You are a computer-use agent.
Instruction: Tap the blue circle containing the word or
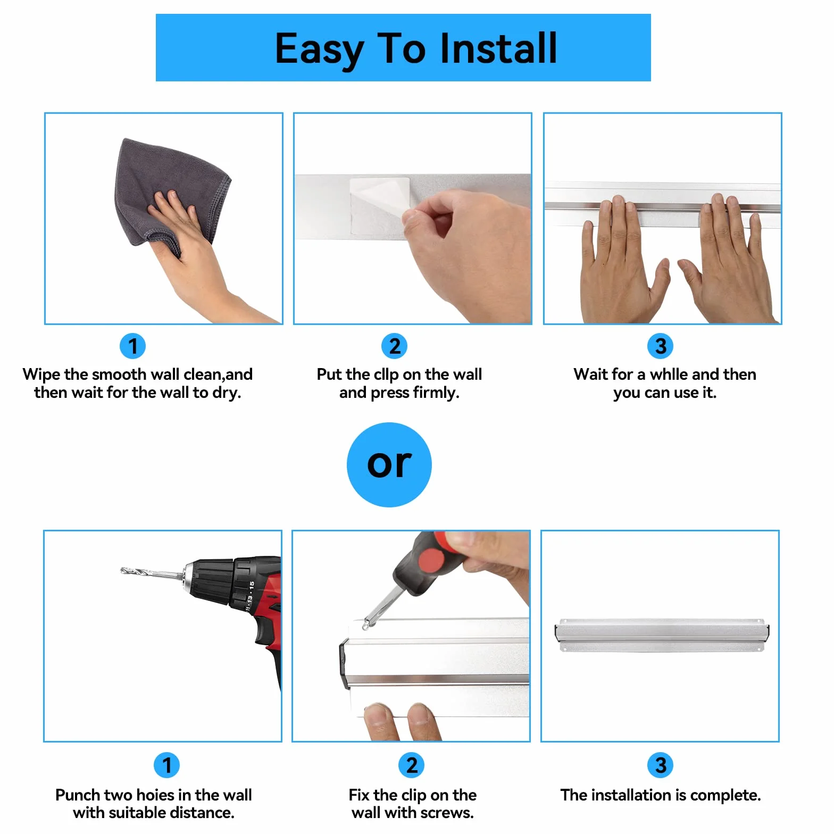(389, 465)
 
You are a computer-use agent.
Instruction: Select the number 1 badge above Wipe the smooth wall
(132, 346)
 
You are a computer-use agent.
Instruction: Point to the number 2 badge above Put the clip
(395, 346)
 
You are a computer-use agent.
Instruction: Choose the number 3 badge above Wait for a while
(661, 346)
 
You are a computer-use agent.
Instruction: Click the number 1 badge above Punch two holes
(166, 765)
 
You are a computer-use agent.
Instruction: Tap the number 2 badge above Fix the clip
(412, 765)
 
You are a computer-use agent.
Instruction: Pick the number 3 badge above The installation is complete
(661, 765)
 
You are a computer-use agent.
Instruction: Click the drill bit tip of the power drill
(122, 570)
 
